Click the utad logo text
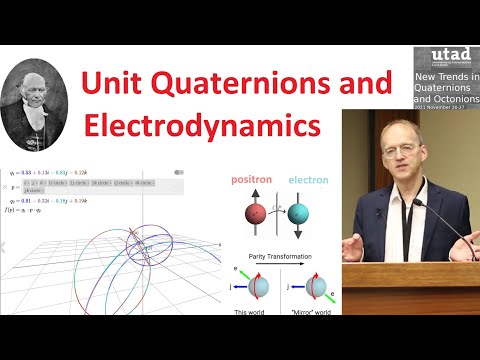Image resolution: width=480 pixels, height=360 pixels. (x=446, y=56)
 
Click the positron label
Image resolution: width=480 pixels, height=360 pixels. (x=253, y=181)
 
